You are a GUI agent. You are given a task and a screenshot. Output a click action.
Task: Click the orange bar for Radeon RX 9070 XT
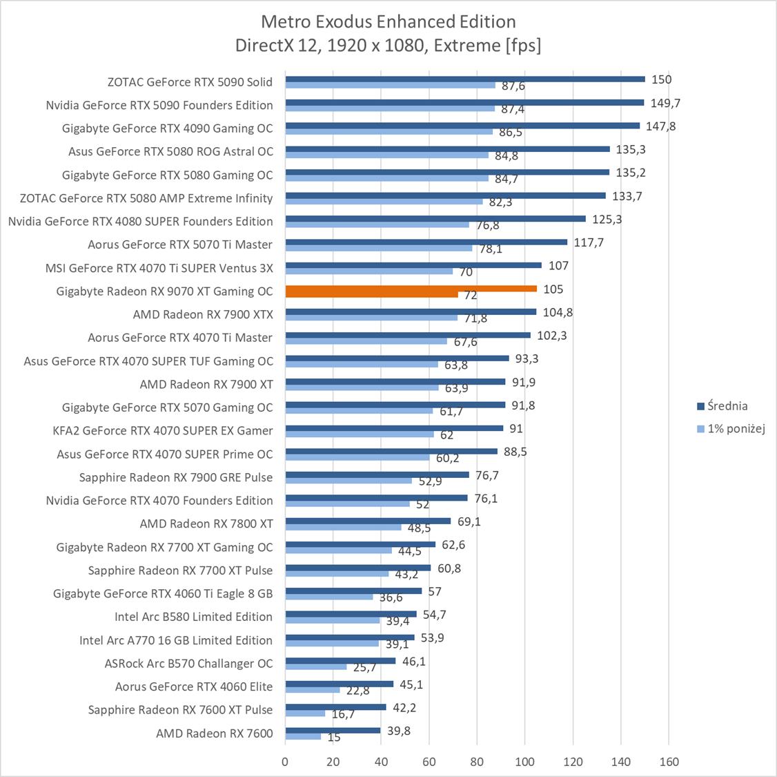click(411, 289)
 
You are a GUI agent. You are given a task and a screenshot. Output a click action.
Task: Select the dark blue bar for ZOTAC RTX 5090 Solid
click(465, 79)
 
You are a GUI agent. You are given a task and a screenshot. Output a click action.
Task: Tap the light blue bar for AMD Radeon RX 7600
click(303, 737)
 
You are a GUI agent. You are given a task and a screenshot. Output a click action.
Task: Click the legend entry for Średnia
click(722, 406)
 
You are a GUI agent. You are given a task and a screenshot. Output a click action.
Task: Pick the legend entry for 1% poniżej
click(731, 429)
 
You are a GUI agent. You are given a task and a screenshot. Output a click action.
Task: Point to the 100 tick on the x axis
click(524, 762)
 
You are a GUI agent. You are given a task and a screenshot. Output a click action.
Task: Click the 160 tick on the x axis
click(669, 762)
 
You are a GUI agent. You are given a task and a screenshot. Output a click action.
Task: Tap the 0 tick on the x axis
click(285, 762)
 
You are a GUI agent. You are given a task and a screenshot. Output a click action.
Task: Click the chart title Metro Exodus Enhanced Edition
click(388, 21)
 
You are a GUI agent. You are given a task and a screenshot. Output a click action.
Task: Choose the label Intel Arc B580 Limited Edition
click(193, 617)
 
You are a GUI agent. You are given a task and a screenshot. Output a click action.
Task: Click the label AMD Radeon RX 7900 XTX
click(203, 314)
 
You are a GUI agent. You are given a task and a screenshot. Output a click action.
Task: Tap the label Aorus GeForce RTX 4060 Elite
click(194, 687)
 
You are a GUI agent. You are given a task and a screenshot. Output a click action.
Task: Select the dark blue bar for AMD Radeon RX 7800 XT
click(367, 521)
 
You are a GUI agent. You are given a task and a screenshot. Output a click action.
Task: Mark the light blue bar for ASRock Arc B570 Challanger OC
click(315, 667)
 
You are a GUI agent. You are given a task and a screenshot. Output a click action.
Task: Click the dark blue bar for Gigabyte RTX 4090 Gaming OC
click(462, 126)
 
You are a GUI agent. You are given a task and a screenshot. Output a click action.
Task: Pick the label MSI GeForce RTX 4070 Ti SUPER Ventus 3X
click(159, 268)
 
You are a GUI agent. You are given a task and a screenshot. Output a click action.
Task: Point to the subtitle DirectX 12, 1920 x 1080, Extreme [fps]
click(388, 46)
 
